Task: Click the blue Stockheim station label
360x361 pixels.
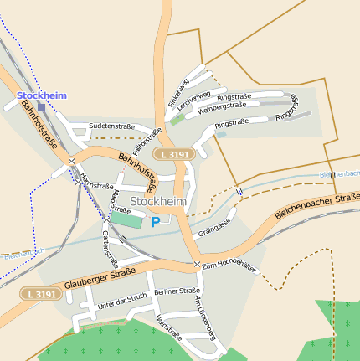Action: click(41, 95)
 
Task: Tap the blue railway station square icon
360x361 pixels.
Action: click(41, 107)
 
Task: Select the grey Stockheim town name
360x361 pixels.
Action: click(158, 202)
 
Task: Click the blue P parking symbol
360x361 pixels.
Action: click(155, 222)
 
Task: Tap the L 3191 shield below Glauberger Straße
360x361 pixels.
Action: click(40, 294)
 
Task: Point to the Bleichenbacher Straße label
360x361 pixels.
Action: click(317, 204)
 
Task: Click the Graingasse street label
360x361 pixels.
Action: click(213, 229)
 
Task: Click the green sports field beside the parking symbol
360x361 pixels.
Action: click(126, 219)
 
